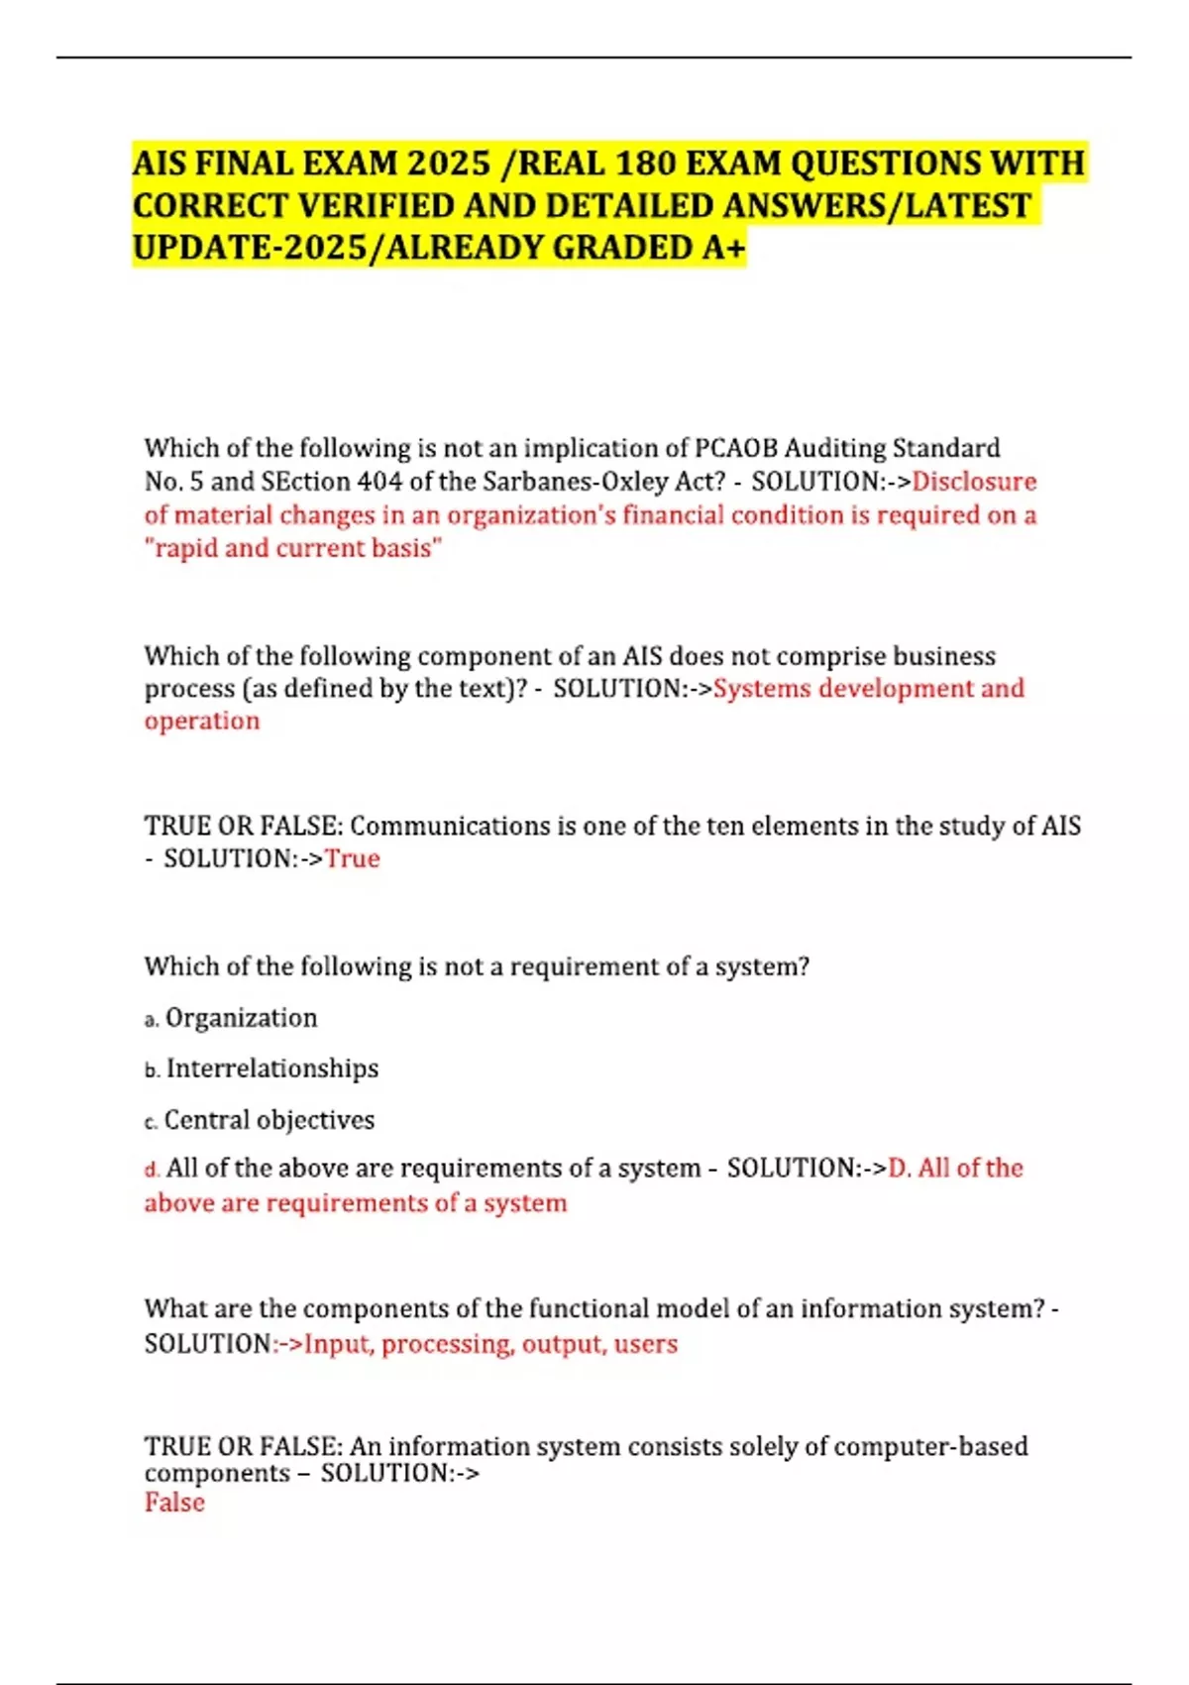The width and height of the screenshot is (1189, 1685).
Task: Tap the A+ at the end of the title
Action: (723, 248)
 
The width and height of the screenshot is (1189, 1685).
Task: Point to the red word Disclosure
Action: (974, 482)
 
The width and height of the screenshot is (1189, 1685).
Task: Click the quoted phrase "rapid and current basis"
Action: (293, 548)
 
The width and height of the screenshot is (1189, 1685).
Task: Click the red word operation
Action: (202, 722)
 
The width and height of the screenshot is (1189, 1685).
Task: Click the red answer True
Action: (353, 858)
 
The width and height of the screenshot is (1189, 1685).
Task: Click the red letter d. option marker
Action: (152, 1170)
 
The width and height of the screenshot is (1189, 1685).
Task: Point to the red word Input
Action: (338, 1344)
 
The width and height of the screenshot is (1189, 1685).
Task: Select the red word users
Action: (646, 1344)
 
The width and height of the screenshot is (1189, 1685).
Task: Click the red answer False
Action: (174, 1503)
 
